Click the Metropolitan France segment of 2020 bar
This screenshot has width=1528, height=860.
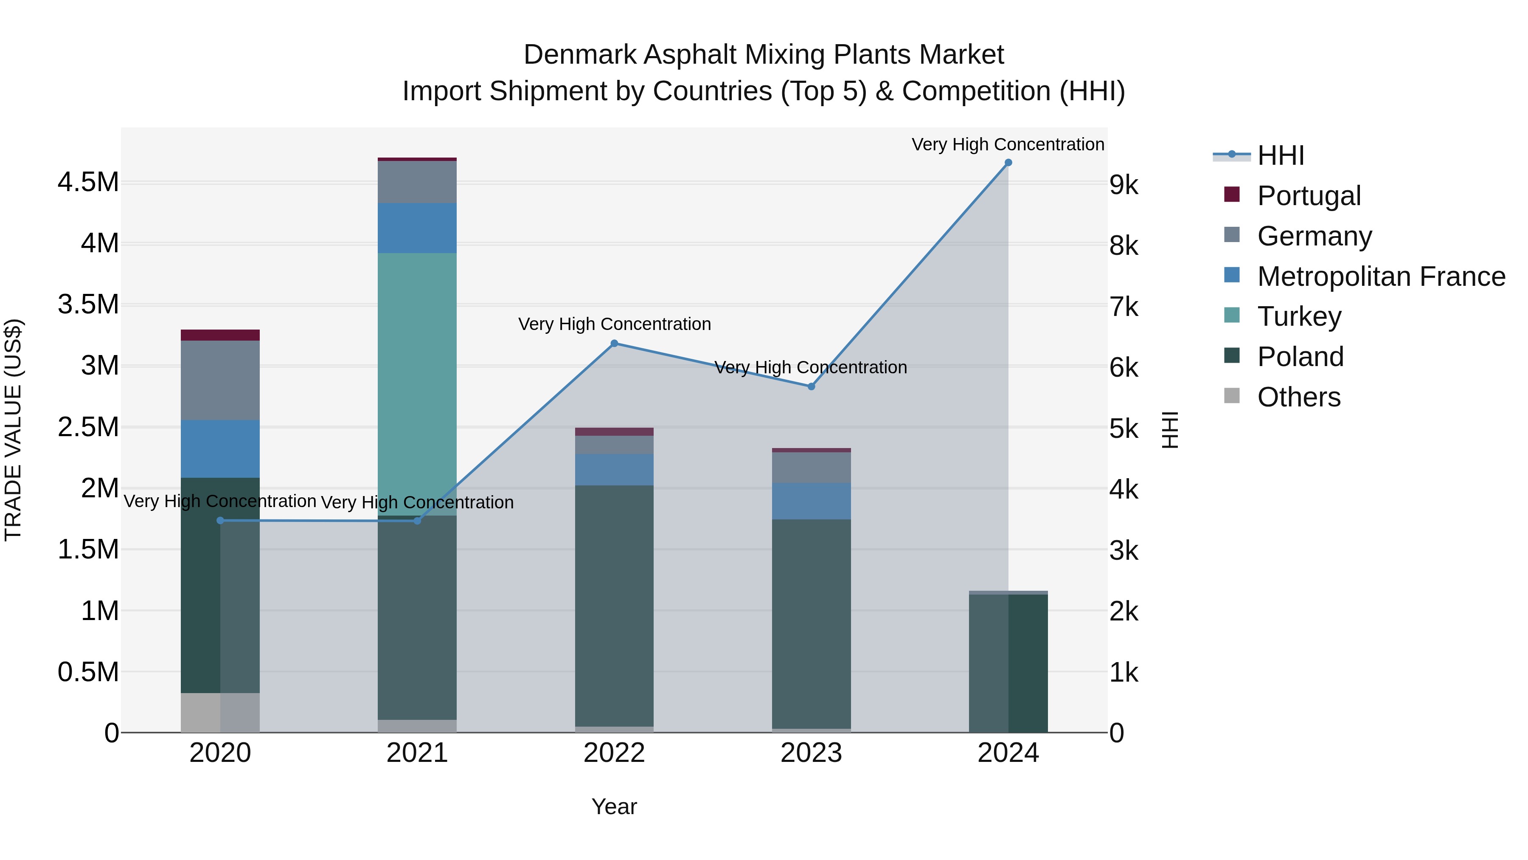[x=220, y=449]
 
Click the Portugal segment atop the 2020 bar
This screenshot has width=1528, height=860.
[x=220, y=335]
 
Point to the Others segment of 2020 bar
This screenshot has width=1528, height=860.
[x=220, y=712]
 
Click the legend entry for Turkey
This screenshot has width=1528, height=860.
[x=1299, y=316]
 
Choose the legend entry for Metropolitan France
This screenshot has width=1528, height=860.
[x=1381, y=276]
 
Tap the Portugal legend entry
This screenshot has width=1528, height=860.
[x=1309, y=196]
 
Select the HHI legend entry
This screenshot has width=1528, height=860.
[x=1280, y=155]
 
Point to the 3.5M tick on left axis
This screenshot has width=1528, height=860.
[x=88, y=305]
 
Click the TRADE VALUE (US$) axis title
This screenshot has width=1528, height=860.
[x=13, y=430]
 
